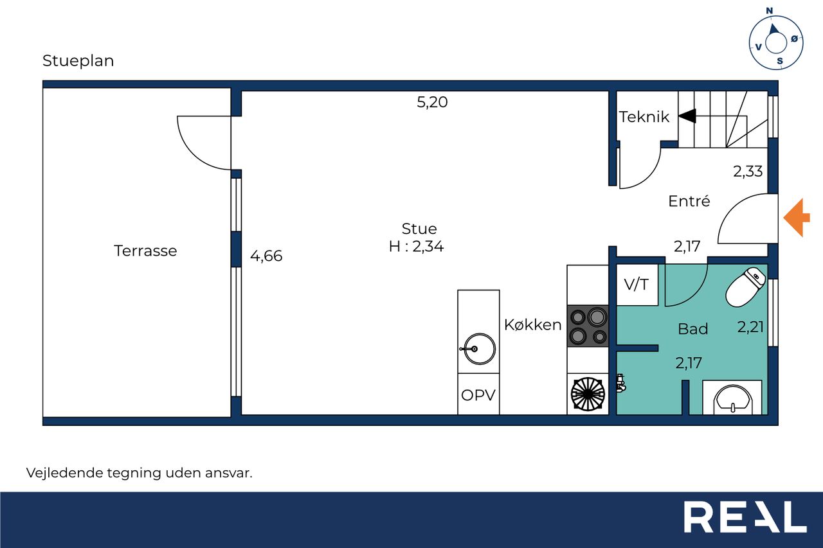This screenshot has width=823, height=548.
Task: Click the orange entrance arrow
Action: pos(797,218)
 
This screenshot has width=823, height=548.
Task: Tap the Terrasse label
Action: pos(145,251)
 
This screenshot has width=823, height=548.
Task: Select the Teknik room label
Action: pos(644,117)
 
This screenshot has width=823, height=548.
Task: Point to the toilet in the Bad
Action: pos(745,287)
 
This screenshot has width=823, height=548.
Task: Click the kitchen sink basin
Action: pos(479,349)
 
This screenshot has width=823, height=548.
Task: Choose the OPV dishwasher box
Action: pos(478,394)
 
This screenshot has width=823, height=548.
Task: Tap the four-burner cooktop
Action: pos(588,326)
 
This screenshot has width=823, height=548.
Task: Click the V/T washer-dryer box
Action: pos(637,285)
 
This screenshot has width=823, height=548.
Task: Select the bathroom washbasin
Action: pos(732,399)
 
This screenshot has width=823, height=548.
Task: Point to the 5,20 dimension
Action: pos(432,102)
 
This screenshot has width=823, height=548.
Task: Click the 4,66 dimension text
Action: pos(266,256)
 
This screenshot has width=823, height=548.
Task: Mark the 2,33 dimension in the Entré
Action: pos(748,172)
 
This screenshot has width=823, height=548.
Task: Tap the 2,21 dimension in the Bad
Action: pos(750,326)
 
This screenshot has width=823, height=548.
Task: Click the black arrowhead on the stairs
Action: pos(687,116)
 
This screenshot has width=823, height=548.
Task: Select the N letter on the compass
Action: pos(770,11)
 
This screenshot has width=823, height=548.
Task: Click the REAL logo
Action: pos(745,517)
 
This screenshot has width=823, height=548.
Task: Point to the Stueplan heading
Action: pos(78,61)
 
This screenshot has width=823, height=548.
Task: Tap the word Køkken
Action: pos(533,325)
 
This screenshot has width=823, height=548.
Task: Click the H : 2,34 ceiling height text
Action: pos(416,246)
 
